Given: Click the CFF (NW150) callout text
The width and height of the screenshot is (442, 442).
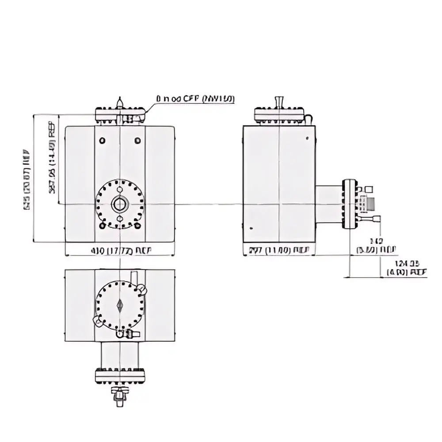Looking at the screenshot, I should [x=194, y=99].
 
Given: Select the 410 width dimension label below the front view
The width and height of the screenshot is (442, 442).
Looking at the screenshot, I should [x=121, y=251].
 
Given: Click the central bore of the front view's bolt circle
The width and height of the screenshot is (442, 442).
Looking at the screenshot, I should [x=120, y=204].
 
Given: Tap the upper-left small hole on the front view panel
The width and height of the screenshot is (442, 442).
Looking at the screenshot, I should [x=103, y=141].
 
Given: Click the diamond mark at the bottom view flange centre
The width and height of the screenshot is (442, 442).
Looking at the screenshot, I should [x=120, y=305].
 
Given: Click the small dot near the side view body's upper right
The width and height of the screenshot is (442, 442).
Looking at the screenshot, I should [x=307, y=138].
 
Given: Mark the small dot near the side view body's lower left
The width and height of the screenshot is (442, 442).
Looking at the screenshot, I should [x=251, y=228].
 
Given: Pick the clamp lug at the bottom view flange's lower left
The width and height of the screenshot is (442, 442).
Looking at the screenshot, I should [x=95, y=320].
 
